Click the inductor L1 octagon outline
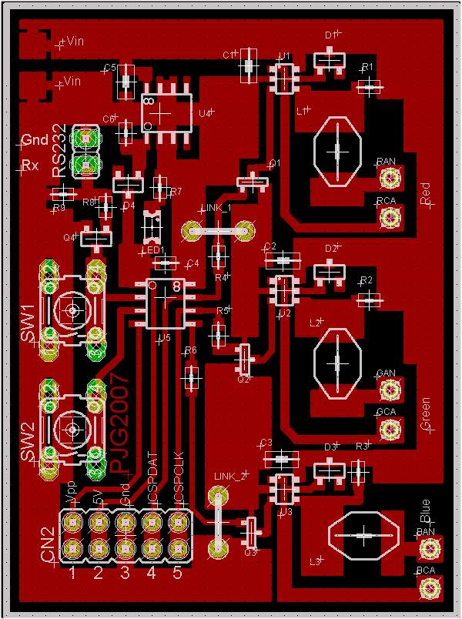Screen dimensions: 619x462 [337, 151]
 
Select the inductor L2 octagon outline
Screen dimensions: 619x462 [337, 363]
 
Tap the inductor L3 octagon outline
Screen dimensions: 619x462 [363, 535]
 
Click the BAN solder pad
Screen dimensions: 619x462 [429, 549]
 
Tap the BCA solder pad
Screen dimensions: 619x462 [429, 589]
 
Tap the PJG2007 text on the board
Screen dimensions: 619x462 [120, 423]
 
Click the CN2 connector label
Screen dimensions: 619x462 [48, 544]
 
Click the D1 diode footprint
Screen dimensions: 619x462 [328, 59]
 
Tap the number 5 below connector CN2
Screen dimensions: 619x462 [177, 573]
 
